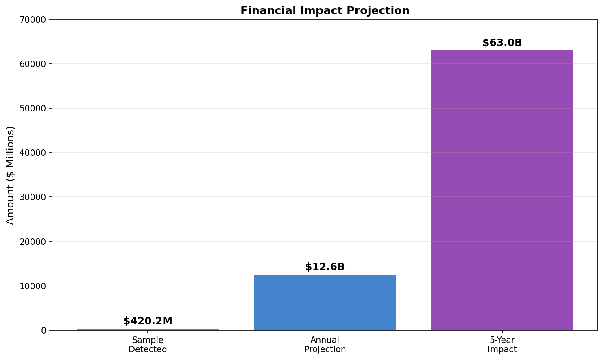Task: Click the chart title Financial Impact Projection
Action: [x=325, y=11]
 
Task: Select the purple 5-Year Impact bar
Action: [x=502, y=190]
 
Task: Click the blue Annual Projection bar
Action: [x=325, y=302]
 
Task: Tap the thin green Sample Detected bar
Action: [x=148, y=329]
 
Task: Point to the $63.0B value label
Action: [x=502, y=43]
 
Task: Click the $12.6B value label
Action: [x=325, y=267]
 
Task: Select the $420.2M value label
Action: [x=148, y=321]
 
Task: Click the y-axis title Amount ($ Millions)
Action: [x=11, y=175]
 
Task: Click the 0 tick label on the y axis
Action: [x=44, y=330]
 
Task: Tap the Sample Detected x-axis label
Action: [x=148, y=345]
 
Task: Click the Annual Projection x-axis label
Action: [x=325, y=345]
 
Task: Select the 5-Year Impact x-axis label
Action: [x=502, y=345]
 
